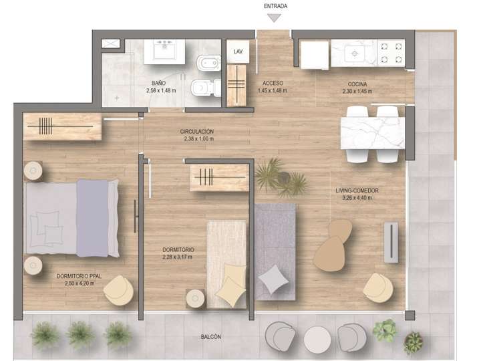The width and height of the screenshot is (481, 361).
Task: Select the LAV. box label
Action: point(237,51)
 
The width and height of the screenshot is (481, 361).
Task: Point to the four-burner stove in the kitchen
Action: point(391,52)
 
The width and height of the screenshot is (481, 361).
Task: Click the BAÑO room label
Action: point(160,83)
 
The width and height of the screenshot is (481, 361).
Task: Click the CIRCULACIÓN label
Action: point(196,132)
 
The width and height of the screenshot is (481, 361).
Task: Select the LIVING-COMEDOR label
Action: point(357,191)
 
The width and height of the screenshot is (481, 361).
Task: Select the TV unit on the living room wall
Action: point(391,241)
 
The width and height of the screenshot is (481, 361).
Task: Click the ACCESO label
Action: point(272,83)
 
